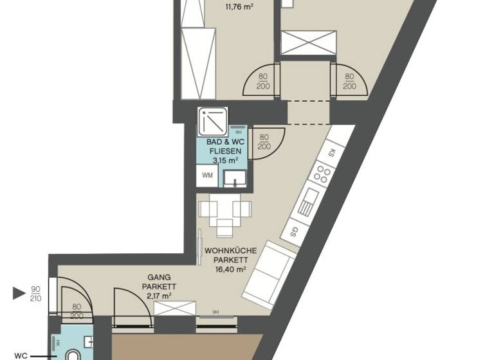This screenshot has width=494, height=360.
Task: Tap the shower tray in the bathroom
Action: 212,119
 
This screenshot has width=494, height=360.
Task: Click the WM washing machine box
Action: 208,175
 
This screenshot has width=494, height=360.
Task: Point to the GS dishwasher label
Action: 294,230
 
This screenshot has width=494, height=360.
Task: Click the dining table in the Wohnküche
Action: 224,213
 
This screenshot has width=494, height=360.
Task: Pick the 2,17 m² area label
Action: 158,295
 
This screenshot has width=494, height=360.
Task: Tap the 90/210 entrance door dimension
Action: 37,294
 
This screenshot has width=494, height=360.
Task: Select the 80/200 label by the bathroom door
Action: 263,141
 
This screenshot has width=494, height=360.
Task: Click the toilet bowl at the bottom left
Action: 73,354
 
